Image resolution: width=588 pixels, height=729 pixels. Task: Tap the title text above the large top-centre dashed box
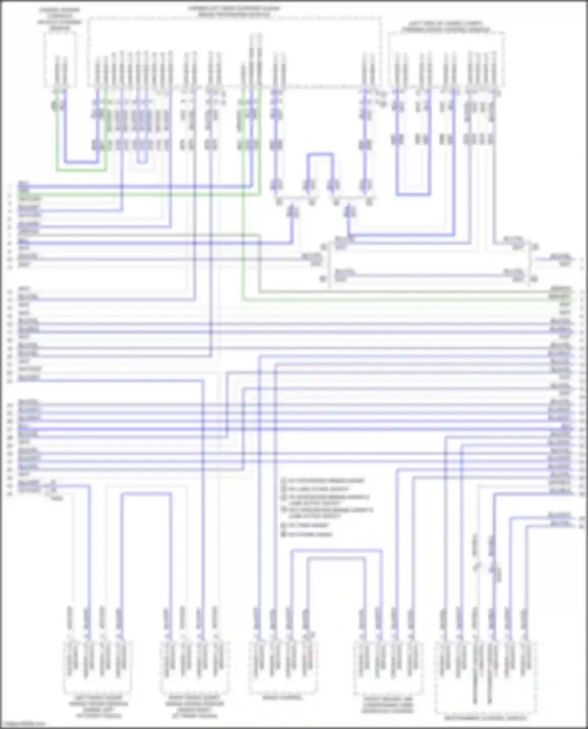(234, 11)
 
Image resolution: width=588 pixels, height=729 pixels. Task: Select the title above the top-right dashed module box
(446, 26)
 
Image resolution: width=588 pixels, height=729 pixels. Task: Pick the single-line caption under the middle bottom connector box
(283, 698)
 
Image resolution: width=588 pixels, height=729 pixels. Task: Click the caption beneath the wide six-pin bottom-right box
(485, 718)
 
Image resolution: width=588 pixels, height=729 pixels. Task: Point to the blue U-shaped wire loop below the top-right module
(414, 194)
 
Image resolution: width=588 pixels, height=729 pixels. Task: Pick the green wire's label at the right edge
(561, 297)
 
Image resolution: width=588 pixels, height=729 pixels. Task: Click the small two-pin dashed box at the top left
(60, 59)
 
